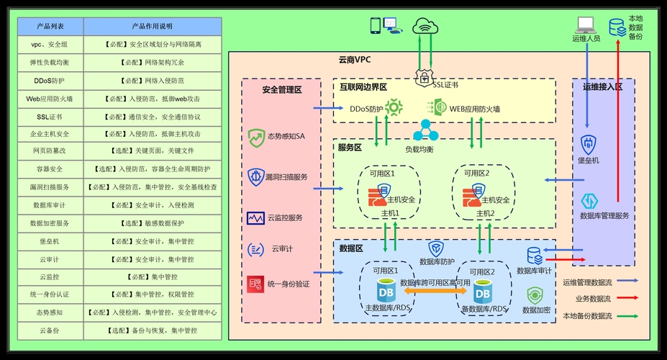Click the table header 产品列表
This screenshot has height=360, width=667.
(50, 27)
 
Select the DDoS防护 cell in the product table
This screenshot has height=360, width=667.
(50, 80)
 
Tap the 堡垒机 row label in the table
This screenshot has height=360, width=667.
(50, 241)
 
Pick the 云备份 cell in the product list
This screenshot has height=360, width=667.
(50, 330)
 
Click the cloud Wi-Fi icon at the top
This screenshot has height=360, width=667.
(425, 27)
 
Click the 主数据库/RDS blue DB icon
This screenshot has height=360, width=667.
(386, 293)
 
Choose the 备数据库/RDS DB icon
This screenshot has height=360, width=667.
(481, 293)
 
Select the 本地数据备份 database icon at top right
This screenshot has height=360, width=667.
(617, 27)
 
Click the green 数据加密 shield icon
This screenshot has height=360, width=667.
(535, 295)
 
